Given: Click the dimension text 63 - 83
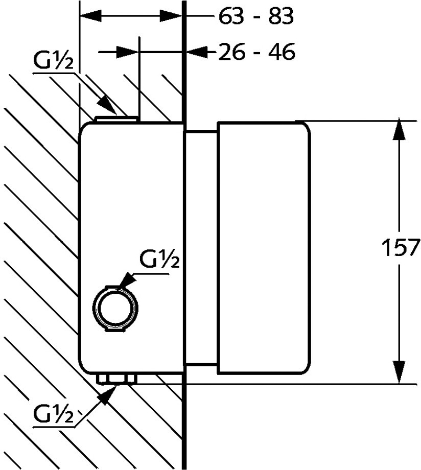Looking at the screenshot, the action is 256,16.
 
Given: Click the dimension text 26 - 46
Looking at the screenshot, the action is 256,52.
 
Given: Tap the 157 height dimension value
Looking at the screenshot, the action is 400,248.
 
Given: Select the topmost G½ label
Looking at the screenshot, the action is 53,61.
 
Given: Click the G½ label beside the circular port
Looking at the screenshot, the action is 159,258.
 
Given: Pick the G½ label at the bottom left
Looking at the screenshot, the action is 53,414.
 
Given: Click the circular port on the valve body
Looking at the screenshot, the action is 115,309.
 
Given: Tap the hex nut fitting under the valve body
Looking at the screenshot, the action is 116,379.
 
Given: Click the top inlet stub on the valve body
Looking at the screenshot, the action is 116,120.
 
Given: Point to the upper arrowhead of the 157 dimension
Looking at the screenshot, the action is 399,129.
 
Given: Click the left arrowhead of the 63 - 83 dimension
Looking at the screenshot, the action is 90,16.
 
